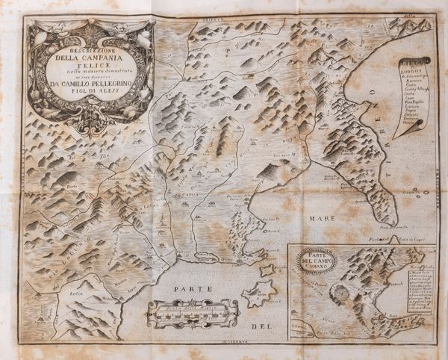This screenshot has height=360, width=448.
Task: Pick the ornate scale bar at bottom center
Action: (192, 314)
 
